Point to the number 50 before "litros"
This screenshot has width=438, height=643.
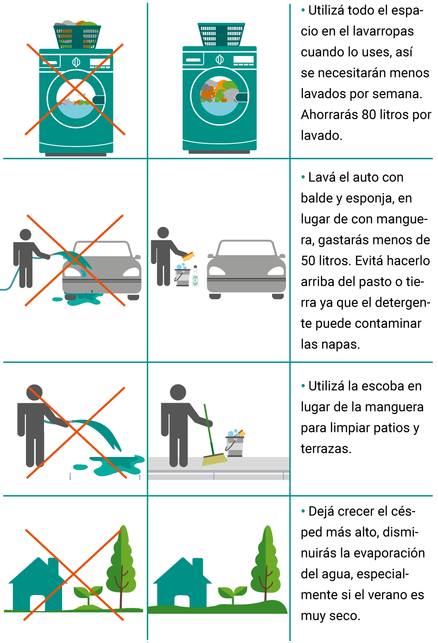click(x=308, y=261)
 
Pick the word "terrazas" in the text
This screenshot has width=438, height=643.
click(x=326, y=449)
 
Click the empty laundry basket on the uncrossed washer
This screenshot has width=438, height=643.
click(x=221, y=34)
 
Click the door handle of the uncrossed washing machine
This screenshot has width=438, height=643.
click(x=241, y=97)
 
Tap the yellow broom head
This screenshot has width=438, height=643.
click(x=215, y=459)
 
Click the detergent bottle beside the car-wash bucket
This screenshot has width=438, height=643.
click(x=195, y=276)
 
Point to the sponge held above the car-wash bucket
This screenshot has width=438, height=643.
click(x=188, y=256)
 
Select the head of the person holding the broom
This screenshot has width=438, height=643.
click(x=178, y=392)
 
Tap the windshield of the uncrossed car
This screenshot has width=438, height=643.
click(x=246, y=249)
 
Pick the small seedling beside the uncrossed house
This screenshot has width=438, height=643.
click(x=233, y=595)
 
